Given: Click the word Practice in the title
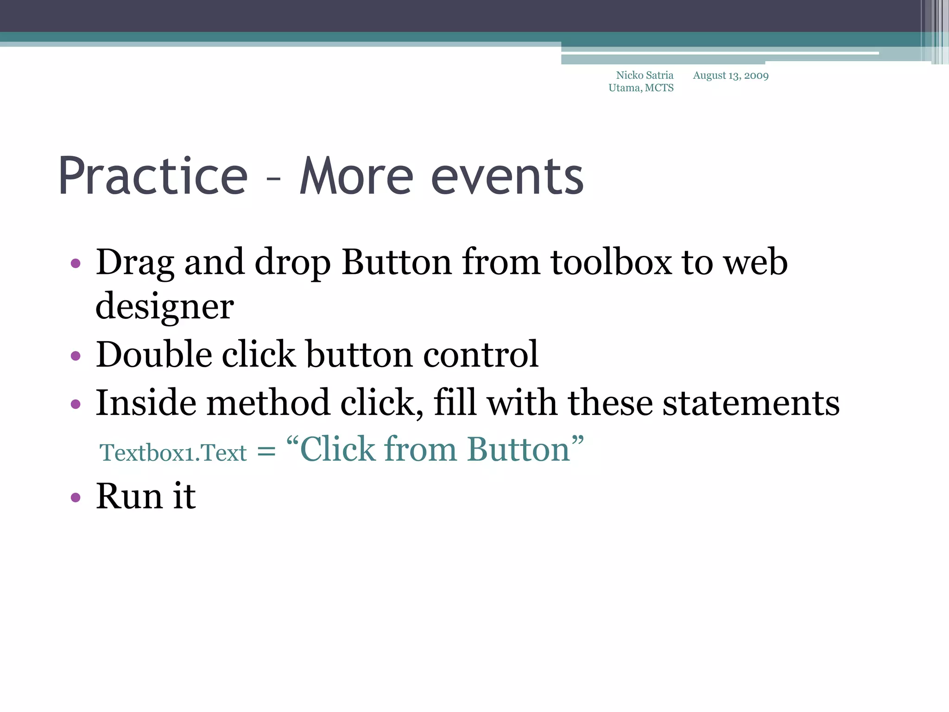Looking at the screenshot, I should [x=153, y=177].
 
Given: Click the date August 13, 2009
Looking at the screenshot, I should [x=731, y=76].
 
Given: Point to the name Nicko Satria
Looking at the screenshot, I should [x=645, y=75].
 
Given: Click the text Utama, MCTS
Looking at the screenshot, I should [x=641, y=88].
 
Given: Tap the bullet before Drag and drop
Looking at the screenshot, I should [x=76, y=264].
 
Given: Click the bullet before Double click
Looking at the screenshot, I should [x=76, y=356].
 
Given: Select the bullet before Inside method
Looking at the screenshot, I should [x=76, y=404].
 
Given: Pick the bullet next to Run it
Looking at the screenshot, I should [x=76, y=498].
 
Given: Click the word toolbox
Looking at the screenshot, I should [x=611, y=262].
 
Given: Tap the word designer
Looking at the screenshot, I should [x=164, y=307].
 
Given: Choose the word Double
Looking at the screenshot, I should [x=154, y=355].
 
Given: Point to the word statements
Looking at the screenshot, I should [x=751, y=402].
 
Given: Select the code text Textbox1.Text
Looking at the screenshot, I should [x=173, y=452].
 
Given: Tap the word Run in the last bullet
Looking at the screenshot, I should [x=129, y=496].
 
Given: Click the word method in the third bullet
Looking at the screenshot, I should [x=268, y=402].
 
